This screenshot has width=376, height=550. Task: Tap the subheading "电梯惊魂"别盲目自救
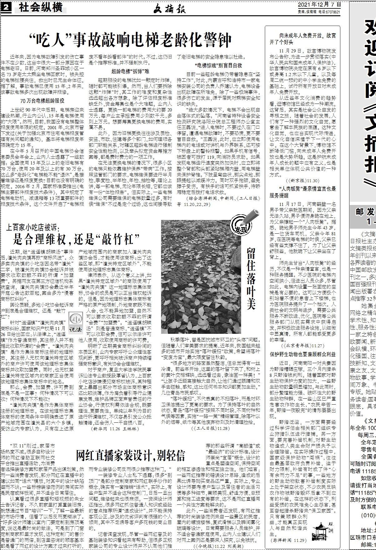[x=218, y=66]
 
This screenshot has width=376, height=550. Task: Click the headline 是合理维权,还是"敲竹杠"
[x=81, y=239]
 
